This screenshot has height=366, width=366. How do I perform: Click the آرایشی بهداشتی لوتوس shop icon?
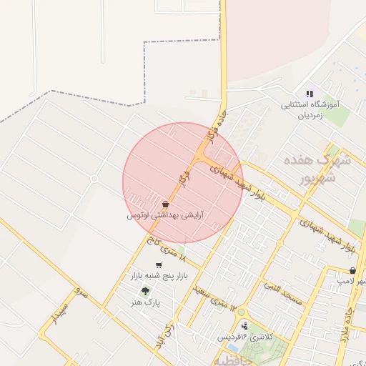165,204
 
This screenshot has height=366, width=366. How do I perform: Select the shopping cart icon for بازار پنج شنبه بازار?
158,265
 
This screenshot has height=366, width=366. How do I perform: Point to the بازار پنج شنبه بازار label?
155,276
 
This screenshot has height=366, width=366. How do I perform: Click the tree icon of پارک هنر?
146,290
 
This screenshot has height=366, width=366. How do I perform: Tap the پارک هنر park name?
147,302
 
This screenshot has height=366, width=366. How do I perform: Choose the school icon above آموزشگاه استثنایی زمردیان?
310,93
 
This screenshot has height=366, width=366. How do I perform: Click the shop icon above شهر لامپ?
354,271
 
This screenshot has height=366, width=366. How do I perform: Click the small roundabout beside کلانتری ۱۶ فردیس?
240,312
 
